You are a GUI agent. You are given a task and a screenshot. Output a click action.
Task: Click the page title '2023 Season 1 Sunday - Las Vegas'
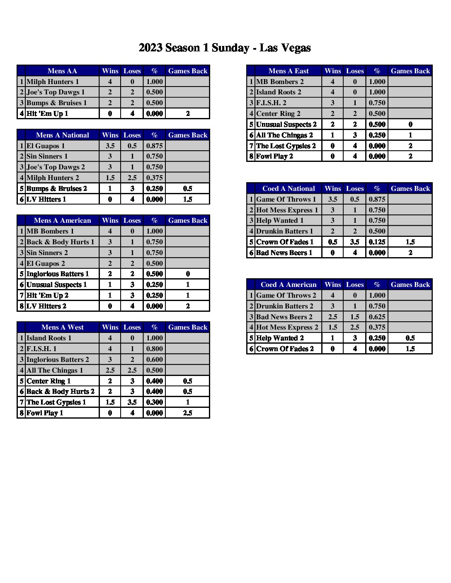225,48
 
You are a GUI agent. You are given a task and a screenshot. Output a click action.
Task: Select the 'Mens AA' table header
62,71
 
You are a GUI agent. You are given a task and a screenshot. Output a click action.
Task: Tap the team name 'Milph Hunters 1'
53,82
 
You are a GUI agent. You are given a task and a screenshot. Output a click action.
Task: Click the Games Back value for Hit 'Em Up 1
188,113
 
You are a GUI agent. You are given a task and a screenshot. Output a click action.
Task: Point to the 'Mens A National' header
62,135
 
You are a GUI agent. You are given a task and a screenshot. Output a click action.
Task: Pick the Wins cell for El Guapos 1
110,146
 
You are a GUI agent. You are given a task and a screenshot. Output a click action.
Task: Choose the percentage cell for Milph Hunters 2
154,178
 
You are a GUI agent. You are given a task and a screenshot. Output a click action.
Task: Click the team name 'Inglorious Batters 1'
58,274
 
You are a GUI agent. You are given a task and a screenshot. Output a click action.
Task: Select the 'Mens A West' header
62,327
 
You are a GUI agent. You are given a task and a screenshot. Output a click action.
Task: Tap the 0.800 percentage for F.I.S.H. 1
154,349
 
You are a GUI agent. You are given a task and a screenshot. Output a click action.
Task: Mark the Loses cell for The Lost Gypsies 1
132,402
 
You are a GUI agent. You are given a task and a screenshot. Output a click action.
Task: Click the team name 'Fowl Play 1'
45,413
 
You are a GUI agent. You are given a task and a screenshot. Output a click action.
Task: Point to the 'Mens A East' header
289,71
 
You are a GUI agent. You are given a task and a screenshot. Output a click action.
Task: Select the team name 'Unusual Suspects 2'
286,124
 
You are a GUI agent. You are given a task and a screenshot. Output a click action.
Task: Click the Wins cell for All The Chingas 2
332,135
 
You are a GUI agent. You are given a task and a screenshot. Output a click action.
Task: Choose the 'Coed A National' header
289,188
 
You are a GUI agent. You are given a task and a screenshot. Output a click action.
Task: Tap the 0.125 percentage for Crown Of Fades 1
377,242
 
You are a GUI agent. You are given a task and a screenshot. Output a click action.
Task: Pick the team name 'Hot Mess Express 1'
287,210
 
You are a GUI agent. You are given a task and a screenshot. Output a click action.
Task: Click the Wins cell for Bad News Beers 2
332,317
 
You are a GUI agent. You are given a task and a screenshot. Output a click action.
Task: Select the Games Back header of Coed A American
410,284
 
